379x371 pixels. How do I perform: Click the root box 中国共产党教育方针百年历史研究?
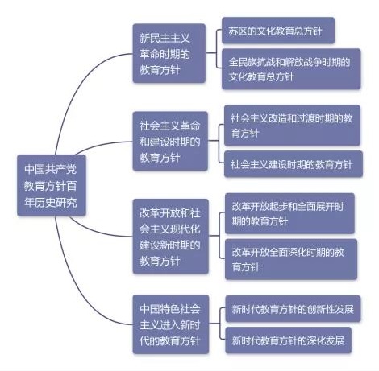coord(52,185)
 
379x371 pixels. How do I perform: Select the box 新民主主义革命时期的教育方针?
coord(169,53)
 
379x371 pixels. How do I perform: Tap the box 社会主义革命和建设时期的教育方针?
coord(170,141)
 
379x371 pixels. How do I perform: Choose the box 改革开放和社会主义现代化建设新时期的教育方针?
coord(170,237)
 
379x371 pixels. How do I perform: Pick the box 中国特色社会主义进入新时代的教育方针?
coord(170,324)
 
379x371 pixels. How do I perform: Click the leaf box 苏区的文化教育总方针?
coord(278,31)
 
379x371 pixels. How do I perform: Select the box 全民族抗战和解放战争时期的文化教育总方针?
coord(291,69)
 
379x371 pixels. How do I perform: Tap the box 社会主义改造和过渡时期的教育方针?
coord(292,126)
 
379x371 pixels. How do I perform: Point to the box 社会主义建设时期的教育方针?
coord(294,164)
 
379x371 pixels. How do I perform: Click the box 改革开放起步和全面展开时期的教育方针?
coord(289,213)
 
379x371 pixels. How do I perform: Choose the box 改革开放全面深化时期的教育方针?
coord(291,259)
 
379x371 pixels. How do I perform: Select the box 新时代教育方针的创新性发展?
coord(293,309)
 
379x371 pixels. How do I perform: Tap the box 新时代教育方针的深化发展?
coord(288,340)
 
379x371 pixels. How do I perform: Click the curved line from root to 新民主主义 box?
coord(78,89)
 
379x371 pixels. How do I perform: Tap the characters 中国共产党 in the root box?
coord(51,169)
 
